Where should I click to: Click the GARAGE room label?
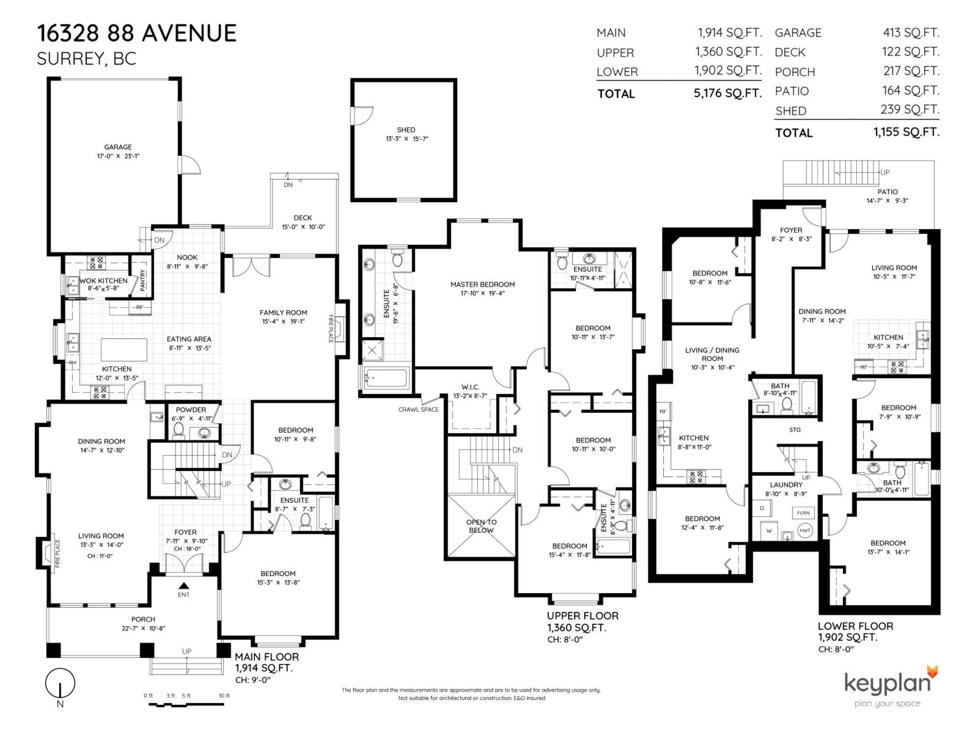point(118,147)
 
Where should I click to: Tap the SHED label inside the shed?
point(406,130)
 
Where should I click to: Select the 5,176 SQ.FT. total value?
point(728,93)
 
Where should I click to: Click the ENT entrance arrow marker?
point(183,586)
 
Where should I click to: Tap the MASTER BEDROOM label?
point(482,285)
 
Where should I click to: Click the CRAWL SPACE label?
point(419,409)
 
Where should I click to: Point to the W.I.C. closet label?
point(470,387)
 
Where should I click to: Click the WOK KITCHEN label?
point(104,281)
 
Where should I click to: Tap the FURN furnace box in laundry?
point(803,513)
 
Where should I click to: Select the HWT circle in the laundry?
point(805,530)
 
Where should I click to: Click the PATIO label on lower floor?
point(888,192)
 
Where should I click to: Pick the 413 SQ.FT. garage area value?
point(911,33)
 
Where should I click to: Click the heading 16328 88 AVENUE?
point(137,34)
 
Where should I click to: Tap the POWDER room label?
point(191,410)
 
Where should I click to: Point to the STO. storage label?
point(795,430)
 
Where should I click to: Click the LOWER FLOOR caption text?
point(855,626)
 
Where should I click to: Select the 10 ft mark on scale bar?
point(224,696)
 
